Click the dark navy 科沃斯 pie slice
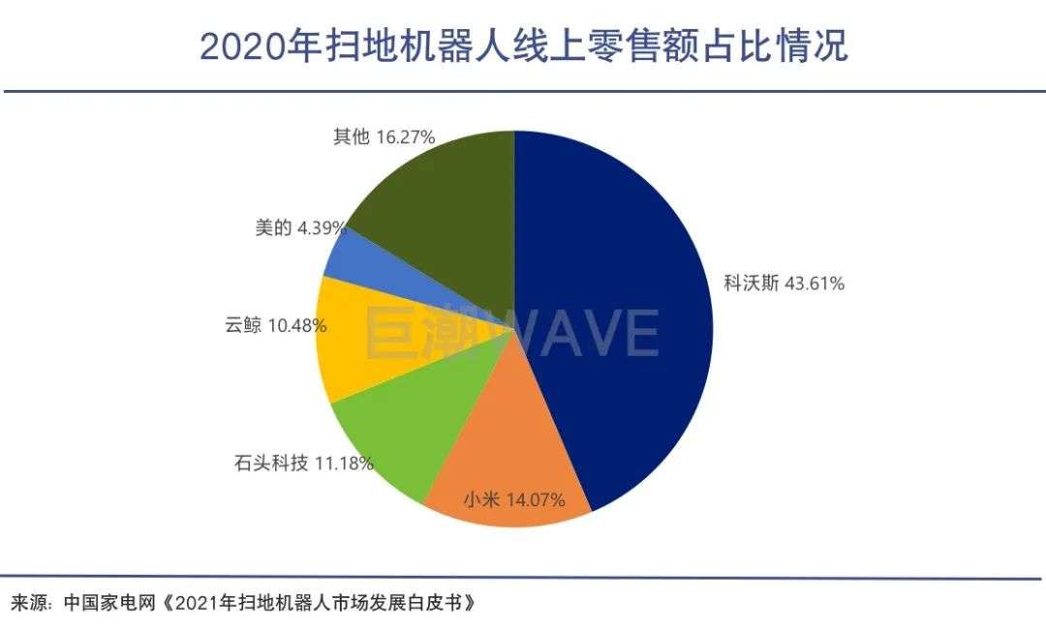click(620, 319)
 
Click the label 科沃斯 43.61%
click(784, 284)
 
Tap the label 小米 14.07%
click(525, 501)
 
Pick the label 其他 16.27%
click(384, 137)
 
